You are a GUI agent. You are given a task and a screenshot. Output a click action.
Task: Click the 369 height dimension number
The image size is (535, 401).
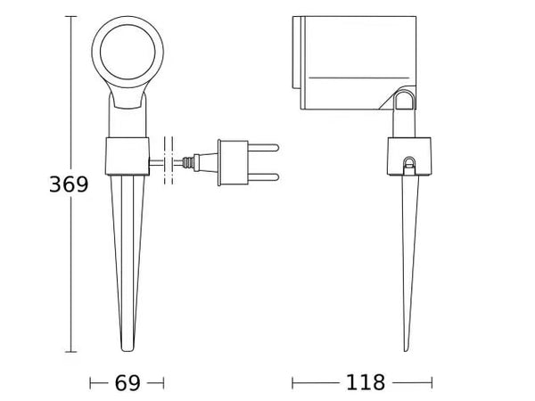click(70, 184)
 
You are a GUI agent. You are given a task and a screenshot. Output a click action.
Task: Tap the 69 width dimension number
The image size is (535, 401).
click(128, 383)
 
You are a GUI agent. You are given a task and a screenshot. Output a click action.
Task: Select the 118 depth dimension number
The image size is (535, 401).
click(366, 383)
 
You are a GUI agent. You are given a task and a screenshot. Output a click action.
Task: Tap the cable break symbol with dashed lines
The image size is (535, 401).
click(169, 161)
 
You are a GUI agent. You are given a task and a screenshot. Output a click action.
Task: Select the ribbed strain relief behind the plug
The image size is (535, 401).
click(189, 161)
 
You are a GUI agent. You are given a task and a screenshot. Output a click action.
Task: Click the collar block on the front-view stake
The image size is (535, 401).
click(127, 156)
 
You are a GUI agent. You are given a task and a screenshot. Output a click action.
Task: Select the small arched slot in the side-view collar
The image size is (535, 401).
click(408, 163)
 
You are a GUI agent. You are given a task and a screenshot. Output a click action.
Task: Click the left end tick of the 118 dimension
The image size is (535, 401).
click(293, 383)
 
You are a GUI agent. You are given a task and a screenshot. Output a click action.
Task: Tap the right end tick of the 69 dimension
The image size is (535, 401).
click(164, 383)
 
